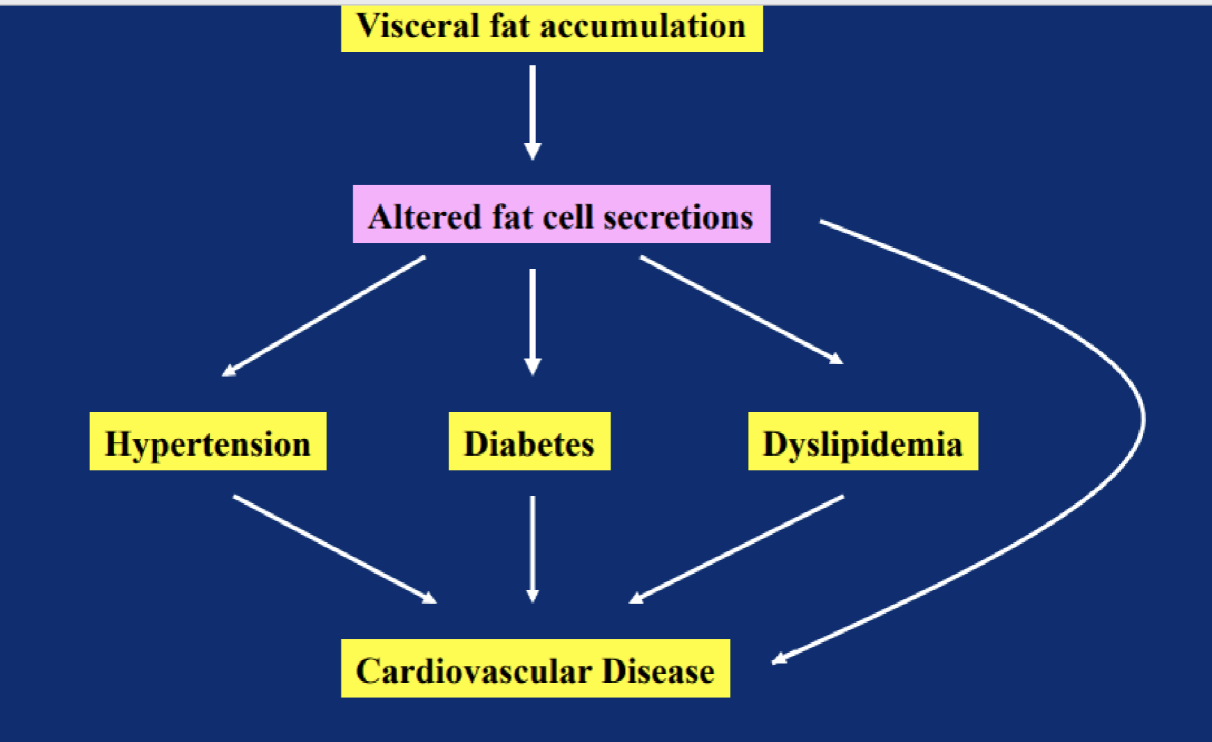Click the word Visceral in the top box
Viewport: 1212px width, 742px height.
point(418,26)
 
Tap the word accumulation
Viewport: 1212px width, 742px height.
point(643,26)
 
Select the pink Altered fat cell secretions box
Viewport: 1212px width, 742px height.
point(562,214)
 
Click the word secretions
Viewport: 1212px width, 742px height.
point(679,217)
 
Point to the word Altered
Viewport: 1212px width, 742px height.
point(425,217)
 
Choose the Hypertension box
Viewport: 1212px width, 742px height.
point(208,441)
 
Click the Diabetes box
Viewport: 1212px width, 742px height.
point(530,441)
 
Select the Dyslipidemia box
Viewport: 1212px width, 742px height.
point(863,441)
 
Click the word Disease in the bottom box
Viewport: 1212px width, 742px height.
point(658,671)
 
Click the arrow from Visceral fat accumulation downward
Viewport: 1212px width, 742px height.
point(533,113)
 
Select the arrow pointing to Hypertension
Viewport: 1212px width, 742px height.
point(323,316)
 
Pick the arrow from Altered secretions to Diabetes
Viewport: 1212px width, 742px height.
point(533,322)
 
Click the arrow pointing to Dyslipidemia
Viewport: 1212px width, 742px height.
point(742,310)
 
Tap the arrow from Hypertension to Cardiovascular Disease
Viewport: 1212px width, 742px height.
point(335,549)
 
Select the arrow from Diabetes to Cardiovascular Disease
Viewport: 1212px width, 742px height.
point(533,549)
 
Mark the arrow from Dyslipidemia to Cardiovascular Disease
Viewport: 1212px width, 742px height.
point(736,549)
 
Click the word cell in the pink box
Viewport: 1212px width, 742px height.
point(567,217)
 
